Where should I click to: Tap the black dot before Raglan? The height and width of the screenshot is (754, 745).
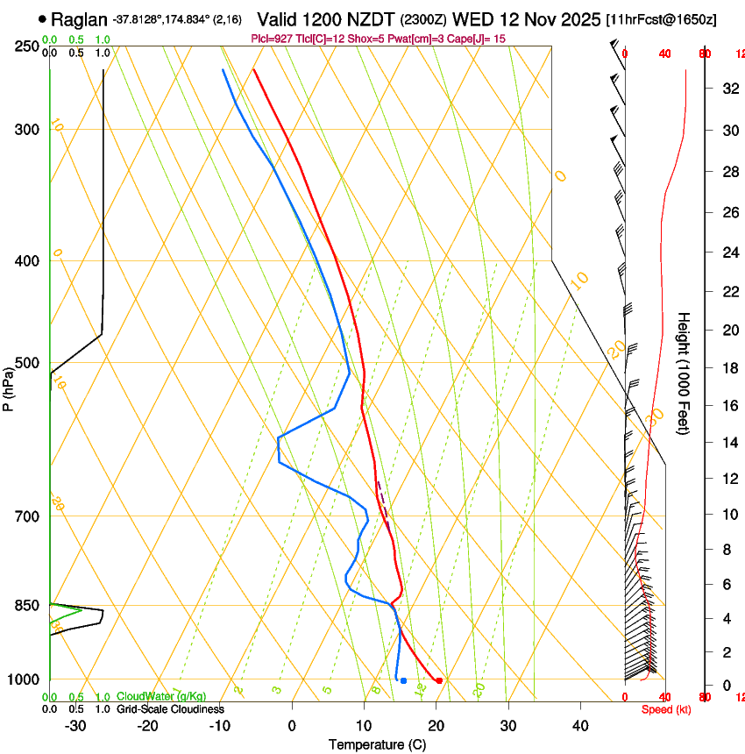[x=42, y=18]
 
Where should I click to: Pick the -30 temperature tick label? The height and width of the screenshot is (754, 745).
[x=75, y=726]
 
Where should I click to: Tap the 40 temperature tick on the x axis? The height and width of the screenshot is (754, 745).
[x=580, y=726]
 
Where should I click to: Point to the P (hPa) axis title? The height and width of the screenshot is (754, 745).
[x=9, y=385]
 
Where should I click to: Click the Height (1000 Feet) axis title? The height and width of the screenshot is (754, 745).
[x=685, y=373]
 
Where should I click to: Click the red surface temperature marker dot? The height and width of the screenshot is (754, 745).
[x=439, y=680]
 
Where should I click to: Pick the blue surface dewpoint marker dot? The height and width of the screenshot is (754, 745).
[x=403, y=680]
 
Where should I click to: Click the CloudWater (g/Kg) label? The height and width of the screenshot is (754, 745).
[x=161, y=697]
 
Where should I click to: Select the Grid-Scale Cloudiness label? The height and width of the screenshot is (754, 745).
[x=170, y=709]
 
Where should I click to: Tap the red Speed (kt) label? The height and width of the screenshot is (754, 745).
[x=663, y=709]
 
